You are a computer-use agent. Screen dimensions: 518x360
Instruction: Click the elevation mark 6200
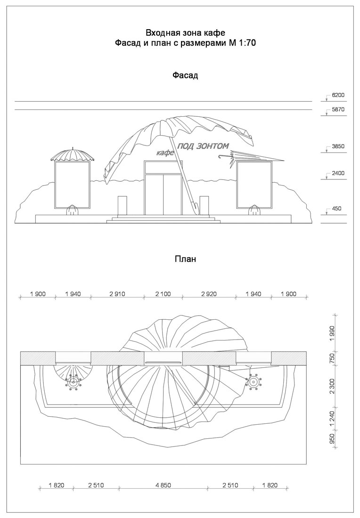pos(338,95)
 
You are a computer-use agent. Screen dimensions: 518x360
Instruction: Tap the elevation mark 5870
pos(338,109)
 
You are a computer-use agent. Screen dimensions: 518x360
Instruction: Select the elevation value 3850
pos(338,146)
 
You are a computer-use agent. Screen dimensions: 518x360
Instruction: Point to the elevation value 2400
pos(338,173)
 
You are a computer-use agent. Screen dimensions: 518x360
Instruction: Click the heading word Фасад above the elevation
pos(185,75)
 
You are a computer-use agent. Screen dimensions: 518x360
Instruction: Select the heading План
pos(185,259)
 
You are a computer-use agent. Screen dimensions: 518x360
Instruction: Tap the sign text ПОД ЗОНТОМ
pos(203,146)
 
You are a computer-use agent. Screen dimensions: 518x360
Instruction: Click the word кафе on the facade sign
pos(165,153)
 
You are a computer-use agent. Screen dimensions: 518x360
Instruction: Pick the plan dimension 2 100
pos(163,294)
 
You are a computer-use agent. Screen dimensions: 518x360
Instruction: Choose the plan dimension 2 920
pos(208,294)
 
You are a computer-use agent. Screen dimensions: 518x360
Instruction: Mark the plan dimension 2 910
pos(117,294)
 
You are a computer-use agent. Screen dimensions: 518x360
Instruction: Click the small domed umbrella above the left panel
pos(73,155)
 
